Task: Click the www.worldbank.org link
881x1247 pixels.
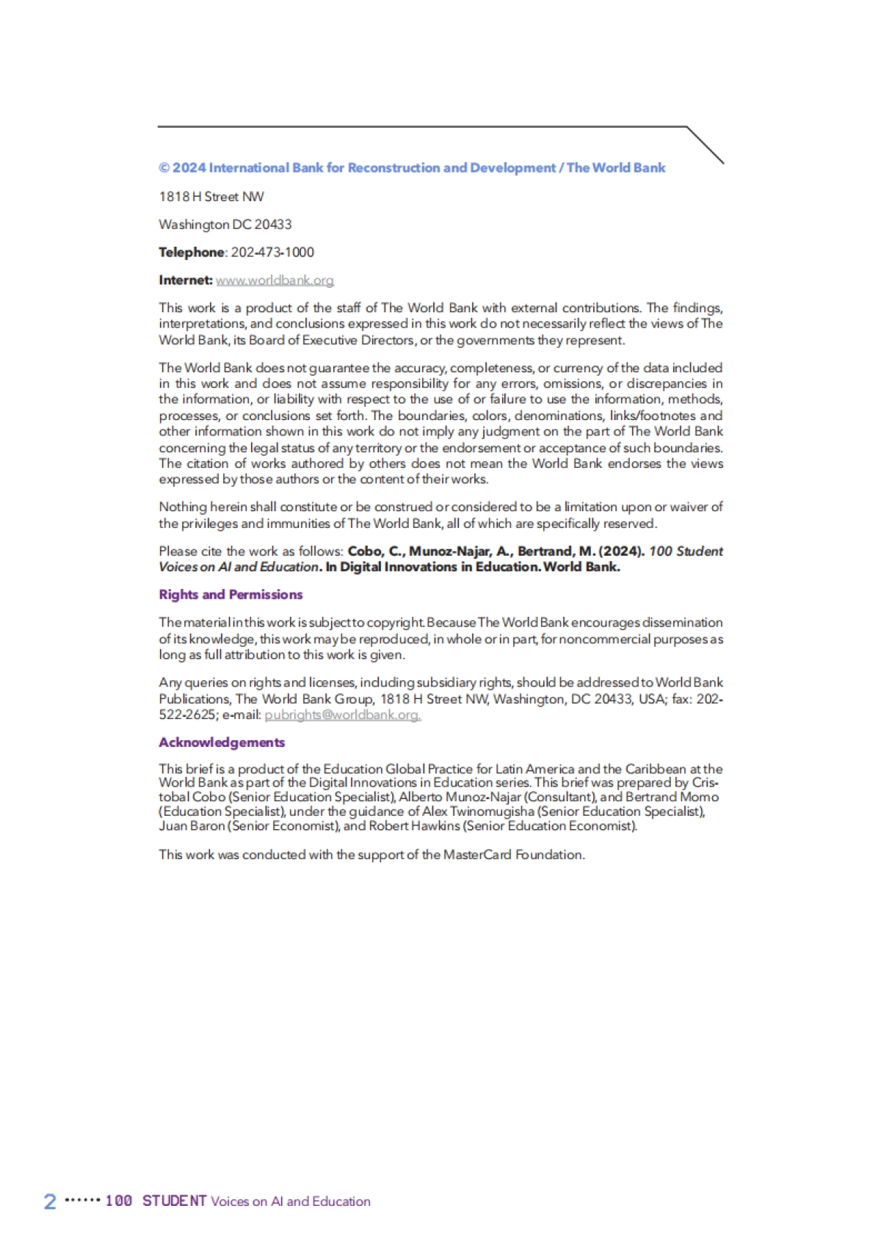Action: [x=275, y=281]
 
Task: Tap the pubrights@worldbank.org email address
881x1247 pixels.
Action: [x=342, y=715]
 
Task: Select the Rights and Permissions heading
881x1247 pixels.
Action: [x=231, y=595]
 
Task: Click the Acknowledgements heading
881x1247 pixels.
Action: [x=222, y=742]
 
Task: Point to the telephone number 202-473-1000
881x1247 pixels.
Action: [x=272, y=253]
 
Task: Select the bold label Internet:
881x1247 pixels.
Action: [x=186, y=281]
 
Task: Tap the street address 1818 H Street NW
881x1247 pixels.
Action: [x=211, y=197]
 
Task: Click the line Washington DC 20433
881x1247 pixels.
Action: [x=225, y=225]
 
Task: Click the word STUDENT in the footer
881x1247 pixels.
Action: [x=175, y=1201]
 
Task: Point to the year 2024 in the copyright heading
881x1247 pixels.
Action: [x=189, y=168]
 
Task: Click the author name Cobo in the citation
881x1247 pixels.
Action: [x=365, y=552]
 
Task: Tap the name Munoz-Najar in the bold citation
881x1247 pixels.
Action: [x=449, y=552]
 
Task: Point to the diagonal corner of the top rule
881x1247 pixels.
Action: [x=706, y=145]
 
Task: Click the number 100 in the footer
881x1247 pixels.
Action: [x=119, y=1201]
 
